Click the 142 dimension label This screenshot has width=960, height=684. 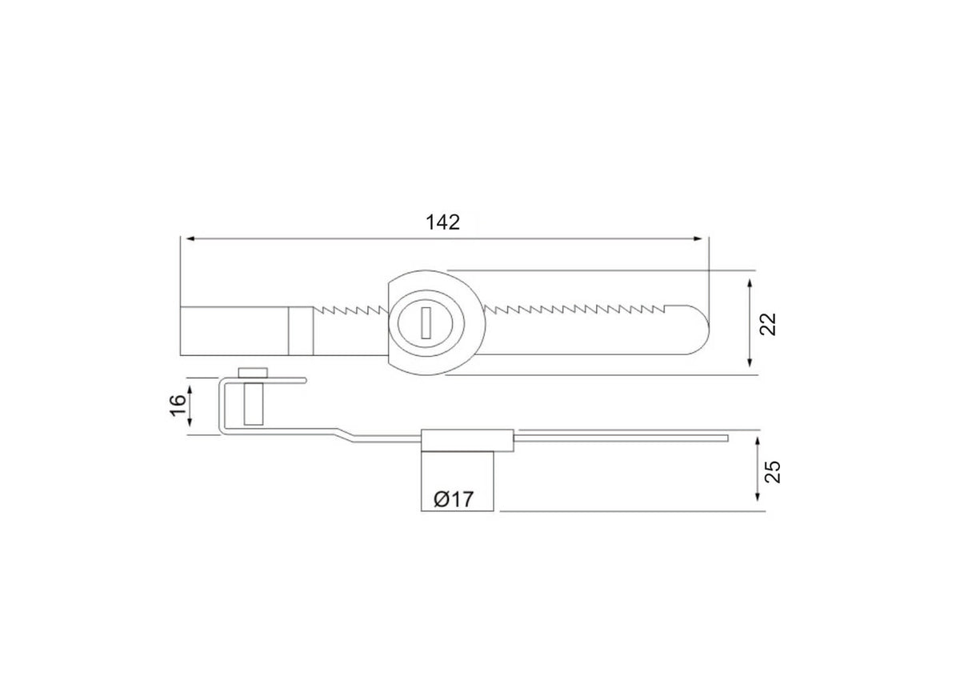442,222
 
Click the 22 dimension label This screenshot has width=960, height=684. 767,324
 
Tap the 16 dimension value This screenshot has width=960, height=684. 178,406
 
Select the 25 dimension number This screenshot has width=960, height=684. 772,472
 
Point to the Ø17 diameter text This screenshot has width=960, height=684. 454,499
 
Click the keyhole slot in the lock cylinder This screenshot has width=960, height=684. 426,322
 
